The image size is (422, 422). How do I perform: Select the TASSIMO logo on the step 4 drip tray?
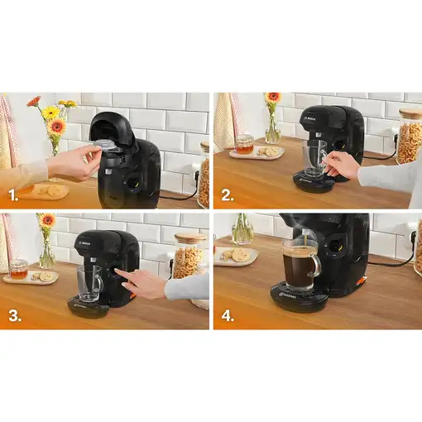click(294, 293)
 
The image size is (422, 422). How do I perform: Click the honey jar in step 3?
click(18, 268)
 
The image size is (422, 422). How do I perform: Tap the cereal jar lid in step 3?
click(189, 237)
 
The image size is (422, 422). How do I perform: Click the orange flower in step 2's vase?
click(272, 98)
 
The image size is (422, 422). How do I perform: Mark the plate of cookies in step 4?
click(237, 256)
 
